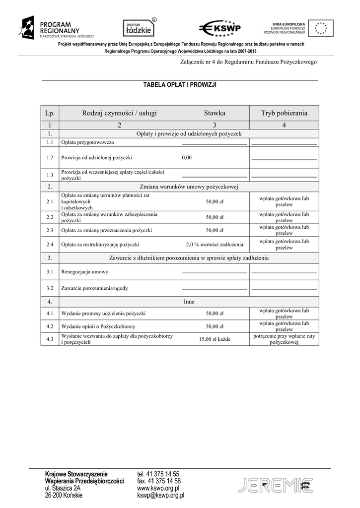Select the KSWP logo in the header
[219, 28]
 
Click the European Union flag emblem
[321, 28]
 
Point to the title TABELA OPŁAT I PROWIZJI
[180, 85]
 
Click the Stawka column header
[214, 113]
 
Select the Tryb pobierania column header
[284, 113]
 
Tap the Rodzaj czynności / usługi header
[119, 113]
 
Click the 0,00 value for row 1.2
[187, 157]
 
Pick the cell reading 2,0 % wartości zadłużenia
[215, 245]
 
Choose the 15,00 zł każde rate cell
[215, 340]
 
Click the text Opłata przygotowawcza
[87, 142]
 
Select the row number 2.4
[50, 245]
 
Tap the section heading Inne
[189, 301]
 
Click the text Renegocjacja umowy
[84, 272]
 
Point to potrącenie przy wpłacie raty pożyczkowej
[284, 339]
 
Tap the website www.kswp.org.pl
[158, 488]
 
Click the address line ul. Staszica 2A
[63, 488]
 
